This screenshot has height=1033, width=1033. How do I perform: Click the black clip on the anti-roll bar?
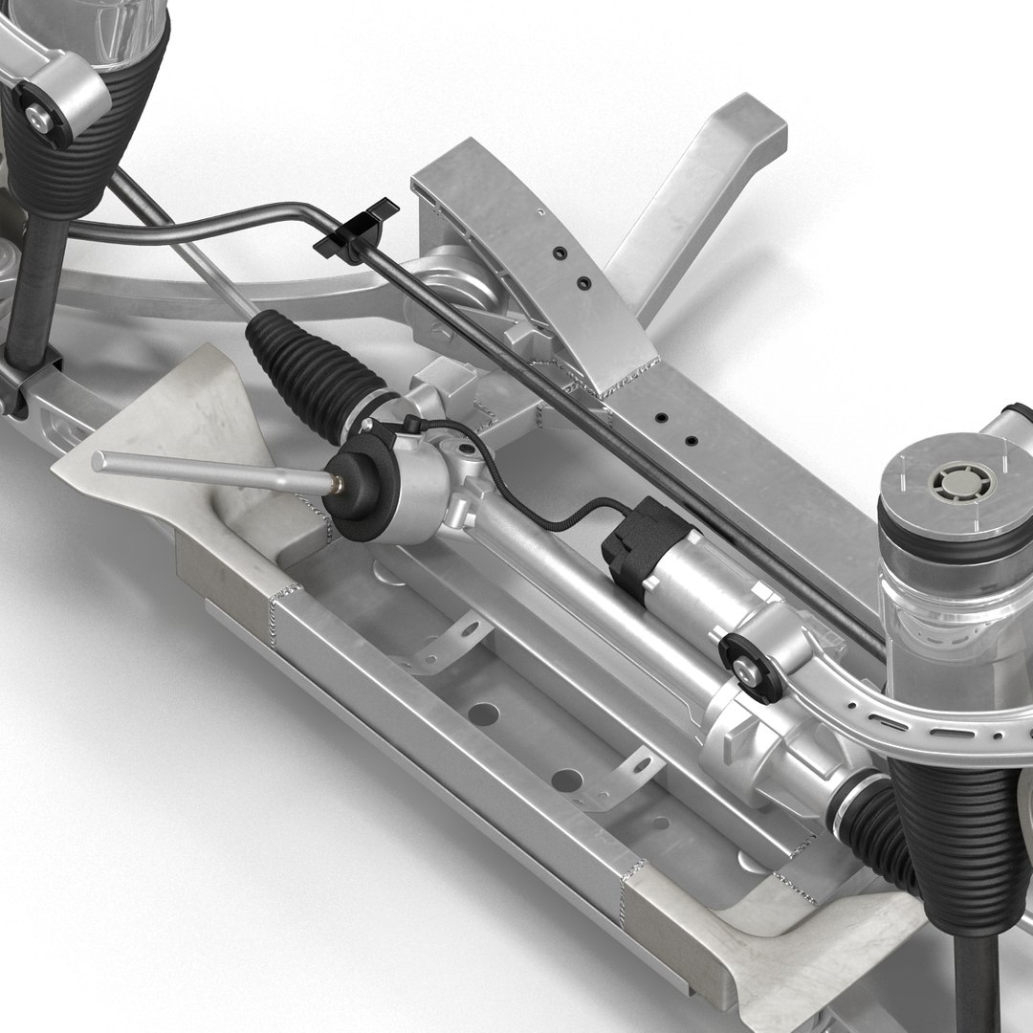[355, 231]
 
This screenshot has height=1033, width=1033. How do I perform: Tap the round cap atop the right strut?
[956, 478]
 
